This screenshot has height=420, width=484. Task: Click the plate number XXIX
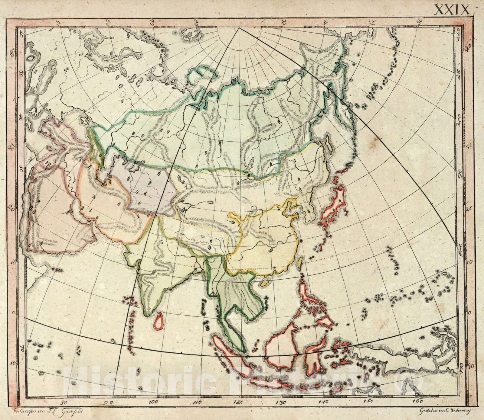[x=452, y=9]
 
